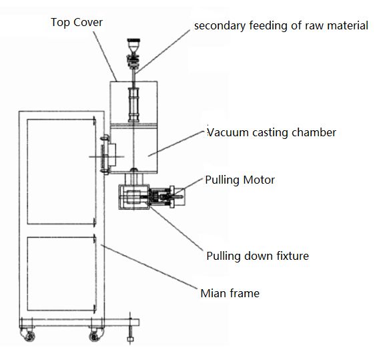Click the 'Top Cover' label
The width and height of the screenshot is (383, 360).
pyautogui.click(x=77, y=23)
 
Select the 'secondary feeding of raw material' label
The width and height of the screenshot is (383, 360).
pyautogui.click(x=281, y=26)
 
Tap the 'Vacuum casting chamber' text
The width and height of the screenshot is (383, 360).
pyautogui.click(x=272, y=132)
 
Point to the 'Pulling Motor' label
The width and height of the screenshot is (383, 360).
pyautogui.click(x=240, y=180)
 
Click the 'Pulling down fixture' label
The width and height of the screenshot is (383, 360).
pyautogui.click(x=258, y=256)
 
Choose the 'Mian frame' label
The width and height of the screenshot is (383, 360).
pyautogui.click(x=230, y=293)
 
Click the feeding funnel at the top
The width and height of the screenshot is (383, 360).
pyautogui.click(x=133, y=45)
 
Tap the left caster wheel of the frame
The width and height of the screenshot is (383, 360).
pyautogui.click(x=28, y=335)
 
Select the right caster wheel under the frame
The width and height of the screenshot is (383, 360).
pyautogui.click(x=96, y=335)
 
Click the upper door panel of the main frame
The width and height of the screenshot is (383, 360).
pyautogui.click(x=61, y=172)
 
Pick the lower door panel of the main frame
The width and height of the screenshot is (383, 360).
pyautogui.click(x=61, y=274)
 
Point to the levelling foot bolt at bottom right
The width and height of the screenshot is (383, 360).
pyautogui.click(x=130, y=329)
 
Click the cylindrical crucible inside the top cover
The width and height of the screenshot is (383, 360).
pyautogui.click(x=133, y=105)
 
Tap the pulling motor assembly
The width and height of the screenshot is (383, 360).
pyautogui.click(x=167, y=196)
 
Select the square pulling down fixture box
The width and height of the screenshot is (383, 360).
pyautogui.click(x=134, y=197)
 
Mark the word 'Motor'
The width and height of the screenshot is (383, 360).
pyautogui.click(x=259, y=180)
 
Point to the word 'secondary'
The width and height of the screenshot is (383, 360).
pyautogui.click(x=220, y=26)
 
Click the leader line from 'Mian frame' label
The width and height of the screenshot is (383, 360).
pyautogui.click(x=149, y=266)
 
